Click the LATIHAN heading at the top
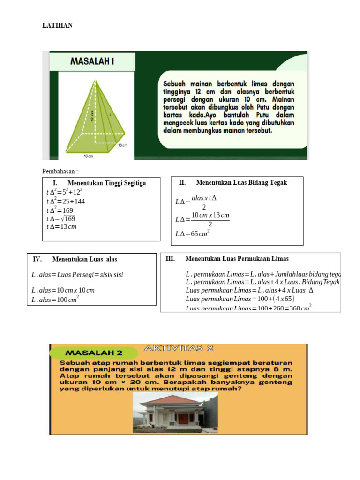click(58, 26)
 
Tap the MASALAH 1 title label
click(92, 61)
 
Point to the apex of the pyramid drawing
click(96, 81)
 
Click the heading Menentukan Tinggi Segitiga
click(107, 183)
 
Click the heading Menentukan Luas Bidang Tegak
click(241, 183)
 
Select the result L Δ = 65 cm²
click(192, 234)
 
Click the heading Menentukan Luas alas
click(85, 259)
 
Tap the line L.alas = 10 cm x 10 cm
click(63, 290)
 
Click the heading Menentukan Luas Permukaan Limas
click(237, 259)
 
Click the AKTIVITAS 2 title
click(179, 348)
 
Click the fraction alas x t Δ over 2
click(204, 202)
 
